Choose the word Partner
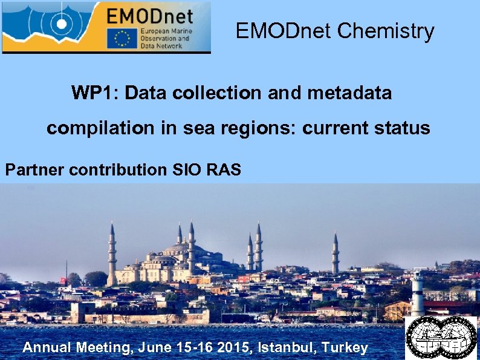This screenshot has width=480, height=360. click(x=35, y=170)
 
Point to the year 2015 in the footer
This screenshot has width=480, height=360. click(x=236, y=347)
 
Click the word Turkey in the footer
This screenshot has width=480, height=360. click(x=345, y=347)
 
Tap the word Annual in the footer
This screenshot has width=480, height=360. click(x=48, y=347)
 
